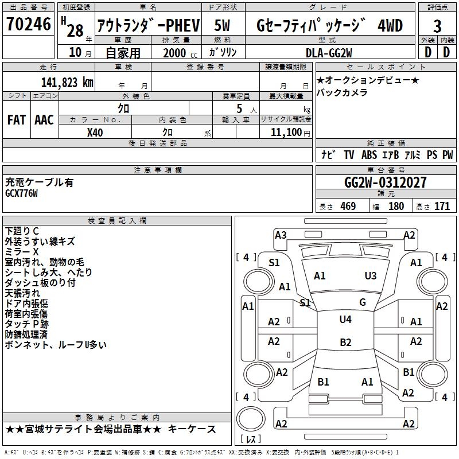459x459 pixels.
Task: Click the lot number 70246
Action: point(28,25)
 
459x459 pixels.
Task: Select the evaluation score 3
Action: point(437,26)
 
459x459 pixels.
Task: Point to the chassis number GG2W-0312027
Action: point(386,182)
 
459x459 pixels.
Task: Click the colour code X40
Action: point(95,132)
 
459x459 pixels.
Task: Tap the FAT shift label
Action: point(17,119)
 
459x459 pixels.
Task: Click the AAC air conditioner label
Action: point(44,119)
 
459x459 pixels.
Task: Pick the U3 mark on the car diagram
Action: point(371,275)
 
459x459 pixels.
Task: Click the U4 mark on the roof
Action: point(345,320)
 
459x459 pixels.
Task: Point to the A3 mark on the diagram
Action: point(281,235)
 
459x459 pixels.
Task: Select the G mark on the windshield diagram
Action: point(363,302)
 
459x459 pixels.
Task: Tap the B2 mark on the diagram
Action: point(345,343)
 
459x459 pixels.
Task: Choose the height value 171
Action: point(442,207)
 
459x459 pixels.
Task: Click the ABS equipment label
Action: point(369,154)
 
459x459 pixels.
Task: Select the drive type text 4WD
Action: point(390,26)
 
